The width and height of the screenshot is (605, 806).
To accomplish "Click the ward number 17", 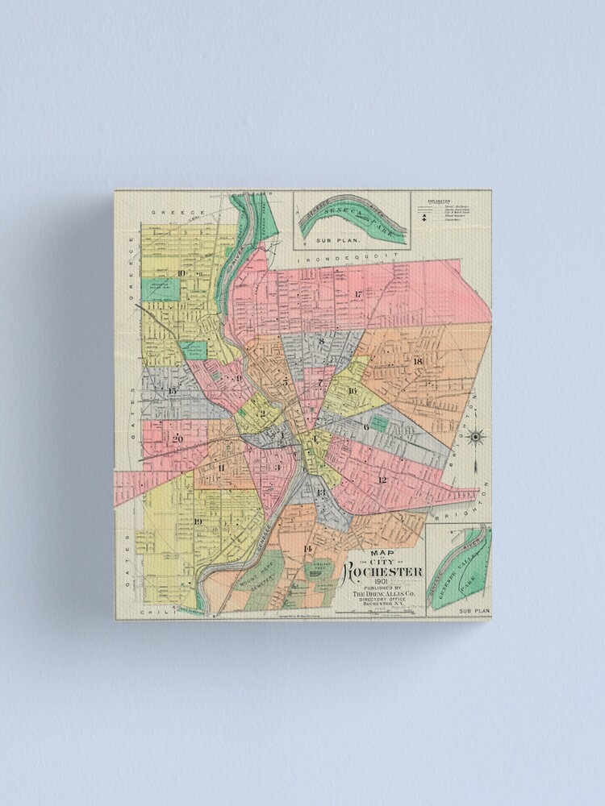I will (x=357, y=293).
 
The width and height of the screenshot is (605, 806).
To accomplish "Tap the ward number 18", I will (x=418, y=360).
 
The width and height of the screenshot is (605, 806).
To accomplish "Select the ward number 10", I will (x=181, y=273).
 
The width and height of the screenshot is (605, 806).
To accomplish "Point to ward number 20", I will (x=177, y=438).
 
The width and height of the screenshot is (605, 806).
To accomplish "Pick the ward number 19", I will (x=198, y=521).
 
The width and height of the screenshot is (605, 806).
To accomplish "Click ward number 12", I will (x=382, y=480).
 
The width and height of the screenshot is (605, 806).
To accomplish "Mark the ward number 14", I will (x=307, y=549).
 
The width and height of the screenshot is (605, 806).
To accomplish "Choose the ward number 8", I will (x=321, y=341).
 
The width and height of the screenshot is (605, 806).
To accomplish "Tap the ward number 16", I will (x=352, y=391).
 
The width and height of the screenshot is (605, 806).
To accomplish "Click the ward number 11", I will (x=220, y=467).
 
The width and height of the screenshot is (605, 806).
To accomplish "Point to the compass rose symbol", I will (x=476, y=437).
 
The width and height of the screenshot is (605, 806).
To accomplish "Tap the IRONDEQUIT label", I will (x=348, y=260).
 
